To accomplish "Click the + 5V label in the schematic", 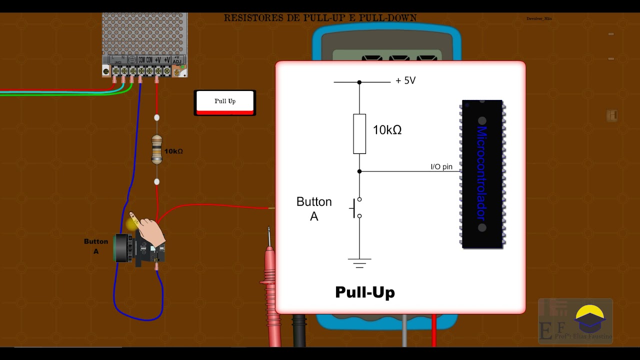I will (405, 80).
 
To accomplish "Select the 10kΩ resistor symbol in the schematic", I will (359, 133).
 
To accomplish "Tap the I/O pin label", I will (441, 166).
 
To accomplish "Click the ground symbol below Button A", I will (359, 262).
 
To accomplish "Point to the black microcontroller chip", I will (482, 174).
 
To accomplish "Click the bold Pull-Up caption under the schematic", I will (365, 292).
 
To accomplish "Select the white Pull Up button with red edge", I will (225, 102).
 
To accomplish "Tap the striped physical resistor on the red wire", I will (157, 149).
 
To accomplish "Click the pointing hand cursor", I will (149, 230).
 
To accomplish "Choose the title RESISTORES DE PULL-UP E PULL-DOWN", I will (320, 18).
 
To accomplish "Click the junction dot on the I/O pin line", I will (359, 171).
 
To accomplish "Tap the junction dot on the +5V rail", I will (359, 82).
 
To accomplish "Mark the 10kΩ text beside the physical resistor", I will (173, 151).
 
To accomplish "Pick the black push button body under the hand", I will (142, 250).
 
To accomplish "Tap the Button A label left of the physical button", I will (96, 246).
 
